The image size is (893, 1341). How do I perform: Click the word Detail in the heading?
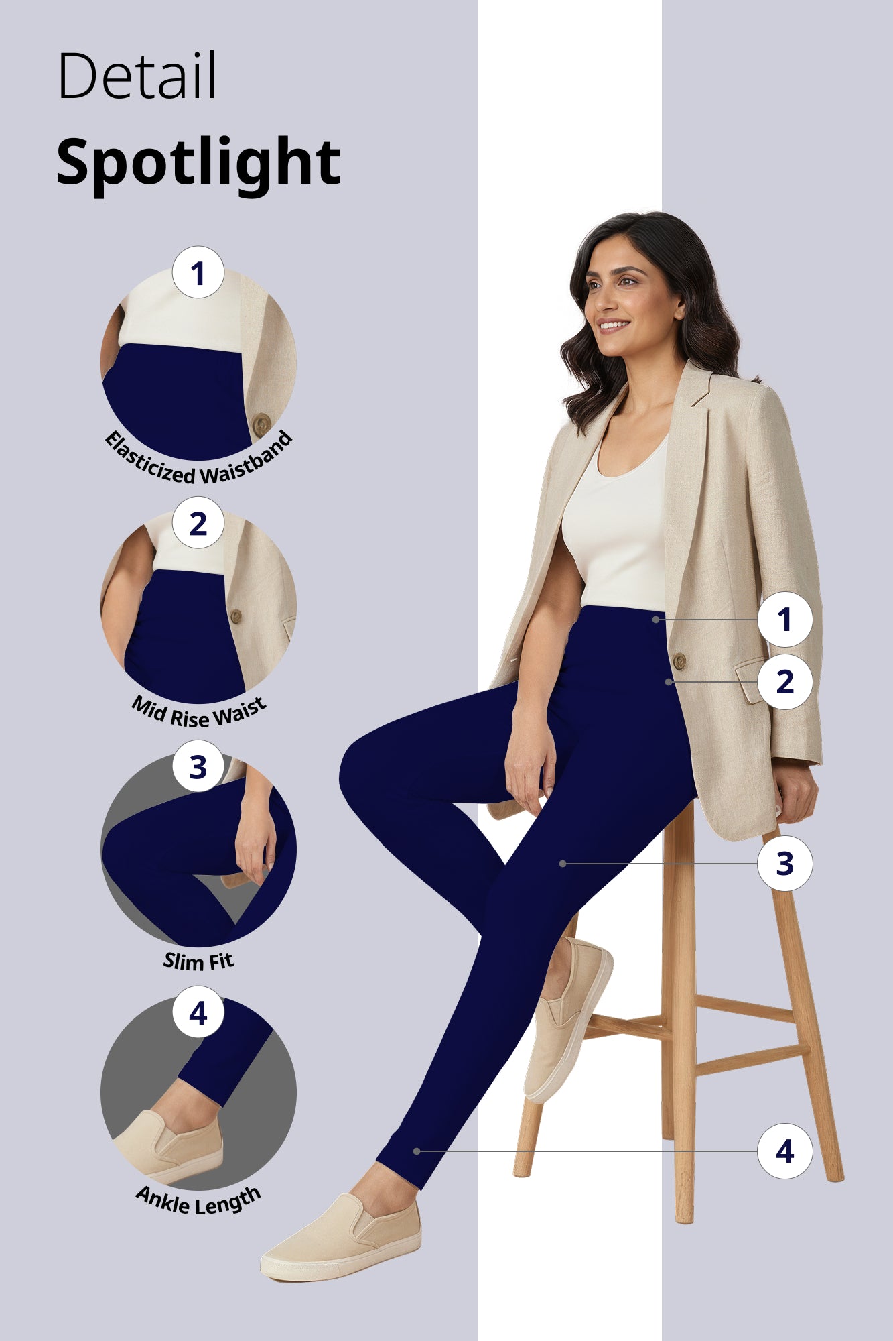137,75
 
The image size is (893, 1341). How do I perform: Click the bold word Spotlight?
198,163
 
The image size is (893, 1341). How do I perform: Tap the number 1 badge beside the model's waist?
784,620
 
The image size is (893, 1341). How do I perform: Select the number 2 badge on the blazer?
784,682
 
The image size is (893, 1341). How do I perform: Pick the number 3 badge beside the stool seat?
784,864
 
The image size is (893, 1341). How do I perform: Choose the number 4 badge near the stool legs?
784,1151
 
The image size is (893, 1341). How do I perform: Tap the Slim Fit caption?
198,961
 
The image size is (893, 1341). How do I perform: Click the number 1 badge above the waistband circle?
198,273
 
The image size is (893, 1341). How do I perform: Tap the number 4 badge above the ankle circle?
198,1012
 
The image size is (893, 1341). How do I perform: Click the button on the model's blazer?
679,662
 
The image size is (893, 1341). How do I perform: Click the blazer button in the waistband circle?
261,424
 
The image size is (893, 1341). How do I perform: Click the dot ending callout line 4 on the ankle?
417,1151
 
